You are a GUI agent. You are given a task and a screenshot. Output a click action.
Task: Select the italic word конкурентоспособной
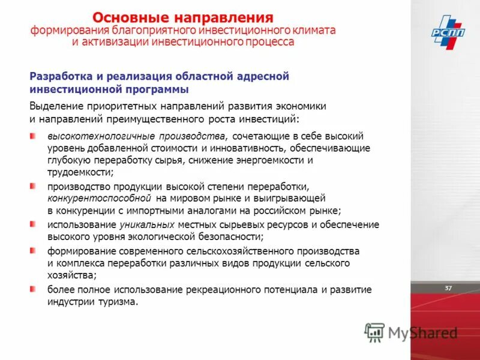tap(99, 197)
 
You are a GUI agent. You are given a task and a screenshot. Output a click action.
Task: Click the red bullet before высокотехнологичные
tap(34, 136)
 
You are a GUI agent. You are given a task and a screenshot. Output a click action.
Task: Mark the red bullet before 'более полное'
tap(34, 289)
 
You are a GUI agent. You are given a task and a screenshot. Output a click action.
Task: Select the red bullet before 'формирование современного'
tap(34, 250)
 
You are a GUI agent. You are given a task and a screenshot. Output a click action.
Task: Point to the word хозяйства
tap(71, 275)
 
